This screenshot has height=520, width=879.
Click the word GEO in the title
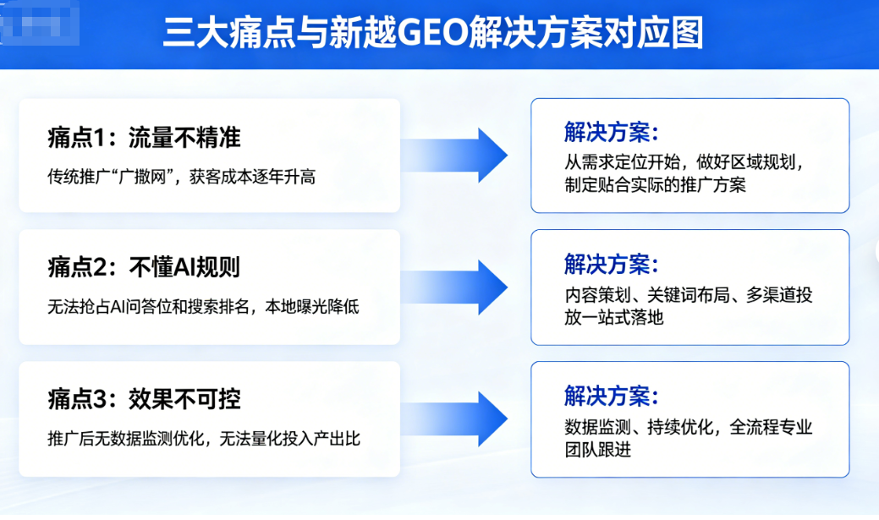click(x=432, y=33)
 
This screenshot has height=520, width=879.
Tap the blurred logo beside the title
click(x=40, y=24)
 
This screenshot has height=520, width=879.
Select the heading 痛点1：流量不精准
click(x=144, y=138)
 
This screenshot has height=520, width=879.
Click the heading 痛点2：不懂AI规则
click(x=144, y=266)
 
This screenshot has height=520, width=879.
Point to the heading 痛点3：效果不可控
click(x=144, y=399)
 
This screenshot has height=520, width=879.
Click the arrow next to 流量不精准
click(x=454, y=156)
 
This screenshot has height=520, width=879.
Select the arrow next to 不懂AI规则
click(x=454, y=287)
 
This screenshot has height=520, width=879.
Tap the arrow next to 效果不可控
click(x=454, y=419)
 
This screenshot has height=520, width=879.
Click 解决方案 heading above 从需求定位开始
click(x=611, y=132)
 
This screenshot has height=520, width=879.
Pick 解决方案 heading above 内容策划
click(x=611, y=265)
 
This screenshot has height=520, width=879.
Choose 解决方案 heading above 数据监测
click(x=611, y=397)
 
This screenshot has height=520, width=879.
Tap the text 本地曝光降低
click(x=311, y=307)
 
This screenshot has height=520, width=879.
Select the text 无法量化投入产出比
click(x=289, y=438)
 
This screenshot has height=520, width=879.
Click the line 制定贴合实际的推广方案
click(x=655, y=185)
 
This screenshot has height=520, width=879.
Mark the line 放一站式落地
click(x=614, y=317)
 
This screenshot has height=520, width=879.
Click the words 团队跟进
click(x=597, y=449)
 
